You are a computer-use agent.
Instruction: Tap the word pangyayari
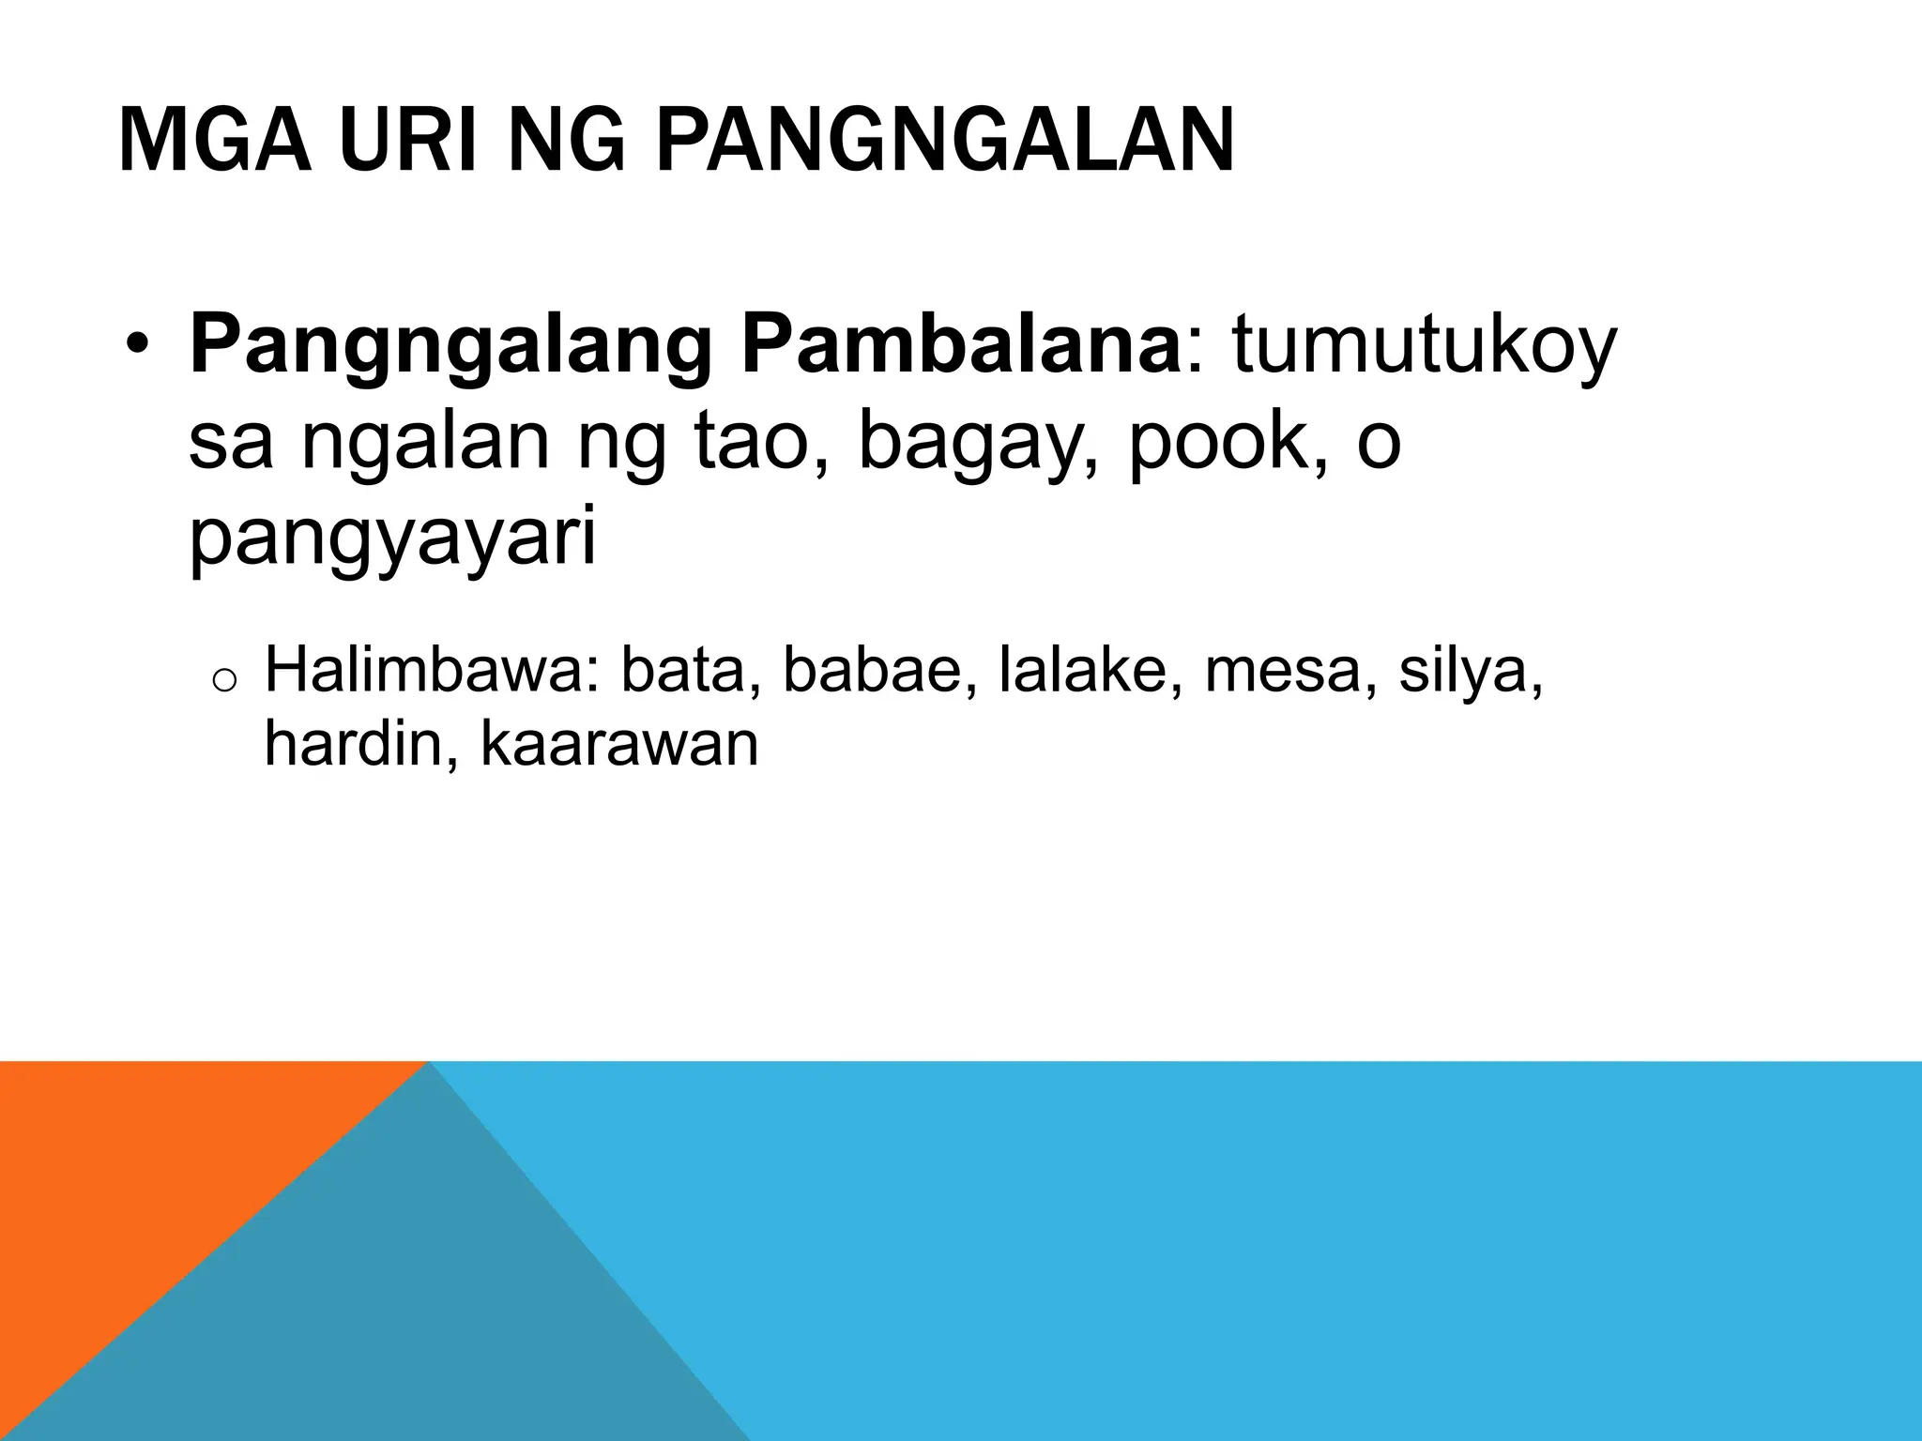[x=392, y=542]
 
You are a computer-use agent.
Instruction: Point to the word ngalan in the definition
[x=424, y=445]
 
